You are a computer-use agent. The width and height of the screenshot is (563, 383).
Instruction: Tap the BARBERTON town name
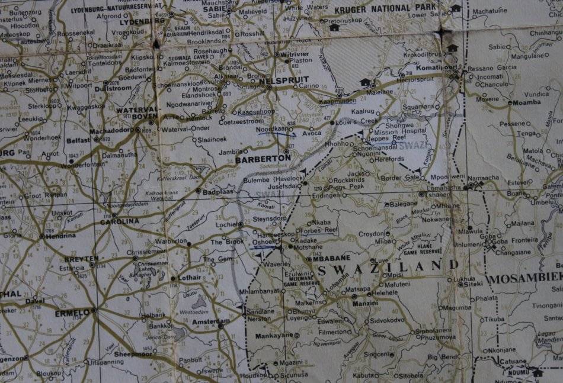(x=263, y=159)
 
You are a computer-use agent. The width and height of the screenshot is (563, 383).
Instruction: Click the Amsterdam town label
(x=210, y=321)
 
